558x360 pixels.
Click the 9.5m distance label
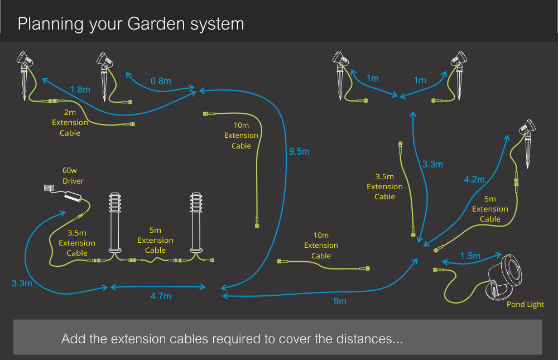(x=299, y=151)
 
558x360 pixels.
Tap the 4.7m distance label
(x=160, y=296)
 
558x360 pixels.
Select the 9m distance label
(x=340, y=301)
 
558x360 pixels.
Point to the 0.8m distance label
(x=161, y=81)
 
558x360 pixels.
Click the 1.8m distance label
(x=80, y=89)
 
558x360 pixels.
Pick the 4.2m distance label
(x=475, y=180)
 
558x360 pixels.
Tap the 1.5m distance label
(x=470, y=256)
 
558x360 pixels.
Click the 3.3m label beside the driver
(x=22, y=284)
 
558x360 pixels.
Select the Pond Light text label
(x=525, y=304)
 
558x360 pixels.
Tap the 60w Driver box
(x=73, y=197)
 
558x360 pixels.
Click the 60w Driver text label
(x=73, y=176)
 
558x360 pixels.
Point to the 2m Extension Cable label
(x=70, y=122)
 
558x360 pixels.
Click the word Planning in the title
(x=50, y=24)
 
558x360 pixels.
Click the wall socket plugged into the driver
(x=49, y=189)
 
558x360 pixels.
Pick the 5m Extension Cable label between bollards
(x=155, y=241)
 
